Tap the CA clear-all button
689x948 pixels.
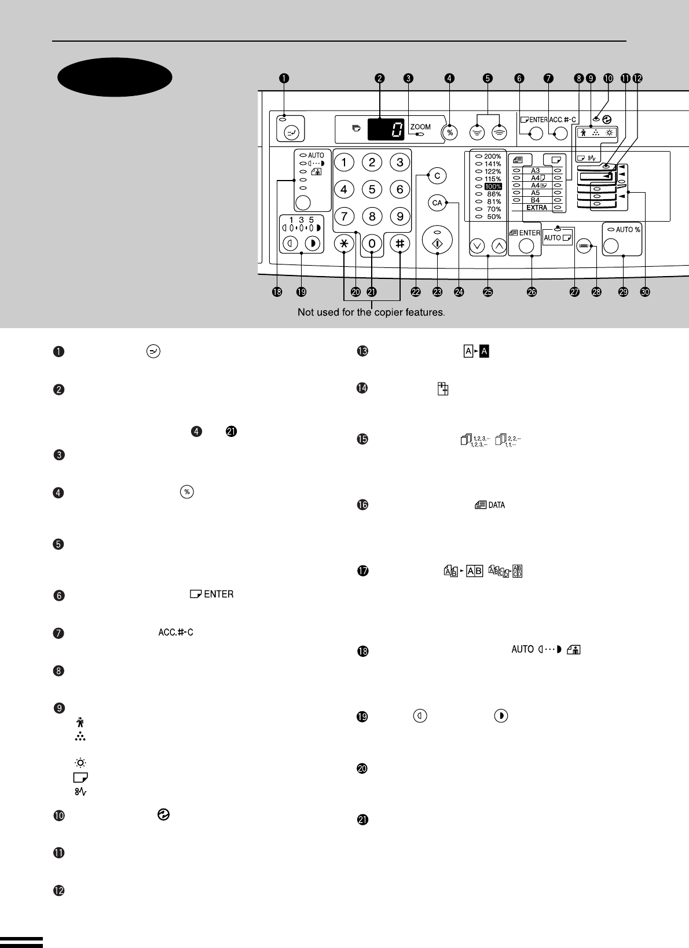click(x=437, y=203)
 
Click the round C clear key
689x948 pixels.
click(x=437, y=176)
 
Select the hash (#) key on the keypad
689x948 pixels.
click(x=400, y=244)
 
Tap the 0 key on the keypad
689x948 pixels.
click(x=372, y=244)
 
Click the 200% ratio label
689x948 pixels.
click(x=492, y=157)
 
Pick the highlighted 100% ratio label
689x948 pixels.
click(x=493, y=186)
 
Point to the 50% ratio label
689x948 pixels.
click(x=494, y=216)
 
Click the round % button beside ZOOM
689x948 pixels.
click(x=450, y=133)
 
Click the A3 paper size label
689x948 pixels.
click(x=535, y=171)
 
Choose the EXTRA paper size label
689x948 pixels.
click(x=537, y=207)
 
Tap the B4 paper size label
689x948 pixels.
click(x=535, y=200)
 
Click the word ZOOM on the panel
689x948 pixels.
click(x=420, y=127)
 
